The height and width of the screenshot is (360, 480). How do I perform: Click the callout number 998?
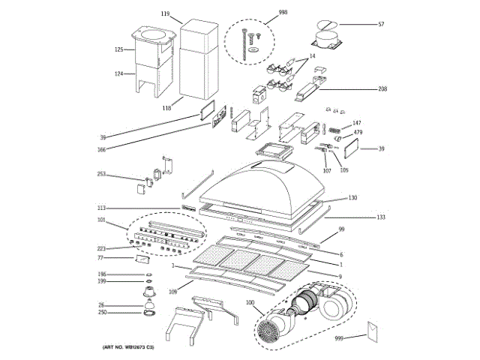[x=262, y=13]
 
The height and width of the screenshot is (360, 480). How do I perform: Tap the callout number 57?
[x=381, y=25]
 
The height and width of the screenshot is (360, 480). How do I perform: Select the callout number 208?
[x=382, y=89]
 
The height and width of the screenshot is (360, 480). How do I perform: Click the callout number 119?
[x=165, y=13]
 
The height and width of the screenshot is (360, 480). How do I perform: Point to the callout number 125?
[x=118, y=49]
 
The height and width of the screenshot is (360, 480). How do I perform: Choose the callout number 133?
[x=381, y=217]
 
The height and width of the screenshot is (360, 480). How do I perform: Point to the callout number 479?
[x=358, y=133]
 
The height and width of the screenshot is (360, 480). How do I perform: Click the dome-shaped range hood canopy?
[x=266, y=184]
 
